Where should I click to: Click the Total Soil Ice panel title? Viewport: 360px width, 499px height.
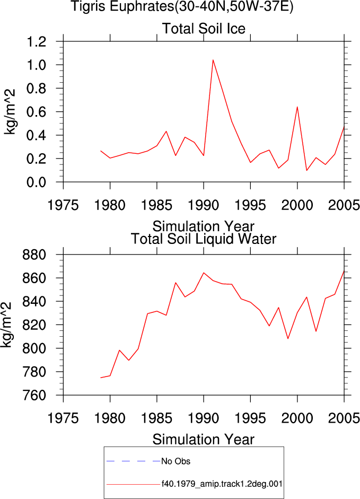pos(204,29)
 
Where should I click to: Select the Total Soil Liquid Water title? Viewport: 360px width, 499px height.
pos(204,239)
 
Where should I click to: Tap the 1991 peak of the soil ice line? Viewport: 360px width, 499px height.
pos(213,60)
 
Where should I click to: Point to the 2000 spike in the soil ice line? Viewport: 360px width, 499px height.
pos(297,107)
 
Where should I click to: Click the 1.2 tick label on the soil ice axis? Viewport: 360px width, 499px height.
pos(36,41)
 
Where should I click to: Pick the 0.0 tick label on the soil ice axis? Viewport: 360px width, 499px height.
pos(36,182)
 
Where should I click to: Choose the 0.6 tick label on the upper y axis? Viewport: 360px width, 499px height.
pos(36,112)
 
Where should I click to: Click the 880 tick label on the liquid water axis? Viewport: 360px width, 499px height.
pos(34,255)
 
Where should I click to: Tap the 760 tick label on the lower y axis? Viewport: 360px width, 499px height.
pos(34,395)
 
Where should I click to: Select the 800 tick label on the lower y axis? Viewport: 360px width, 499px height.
pos(34,348)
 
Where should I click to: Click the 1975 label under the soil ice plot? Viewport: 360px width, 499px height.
pos(63,205)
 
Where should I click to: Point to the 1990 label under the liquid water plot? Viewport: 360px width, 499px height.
pos(204,418)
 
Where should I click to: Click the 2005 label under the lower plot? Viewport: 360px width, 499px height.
pos(344,418)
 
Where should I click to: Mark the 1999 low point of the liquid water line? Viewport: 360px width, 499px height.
pos(288,339)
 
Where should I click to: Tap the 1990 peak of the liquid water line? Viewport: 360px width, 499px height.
pos(204,273)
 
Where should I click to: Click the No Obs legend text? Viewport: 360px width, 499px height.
pos(175,461)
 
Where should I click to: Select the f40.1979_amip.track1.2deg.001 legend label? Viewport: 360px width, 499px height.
pos(222,484)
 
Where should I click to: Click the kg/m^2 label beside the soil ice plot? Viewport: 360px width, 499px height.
pos(10,112)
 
